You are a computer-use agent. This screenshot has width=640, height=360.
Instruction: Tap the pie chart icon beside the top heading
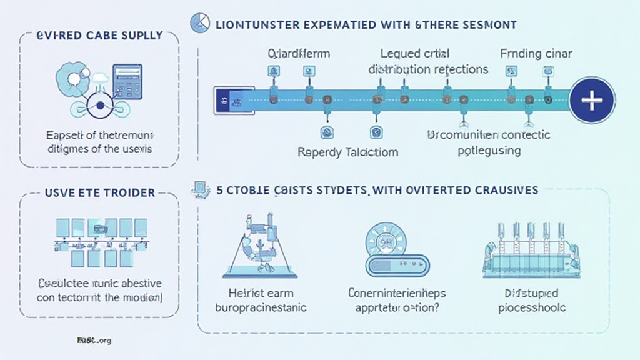(x=197, y=25)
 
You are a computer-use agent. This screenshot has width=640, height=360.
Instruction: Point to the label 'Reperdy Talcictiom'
(x=348, y=152)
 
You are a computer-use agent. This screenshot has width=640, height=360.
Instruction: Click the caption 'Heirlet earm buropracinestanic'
(x=261, y=300)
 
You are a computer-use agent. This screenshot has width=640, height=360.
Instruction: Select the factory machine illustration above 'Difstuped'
(x=532, y=250)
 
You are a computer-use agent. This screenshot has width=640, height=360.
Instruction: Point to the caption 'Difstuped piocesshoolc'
(x=532, y=300)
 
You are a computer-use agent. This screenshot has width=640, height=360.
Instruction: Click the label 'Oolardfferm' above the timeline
(x=298, y=54)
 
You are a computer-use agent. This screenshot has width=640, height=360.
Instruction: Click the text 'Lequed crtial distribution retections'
(x=428, y=61)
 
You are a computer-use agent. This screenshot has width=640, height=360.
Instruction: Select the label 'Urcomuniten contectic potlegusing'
(x=489, y=142)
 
